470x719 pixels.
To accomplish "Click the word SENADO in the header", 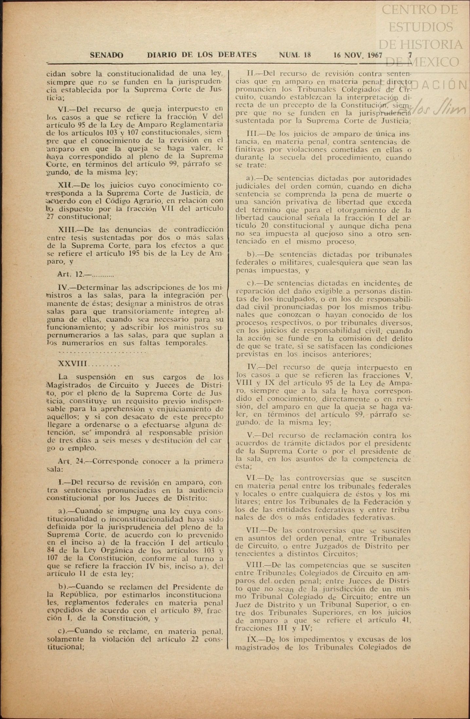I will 106,55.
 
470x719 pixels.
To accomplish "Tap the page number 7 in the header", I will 410,55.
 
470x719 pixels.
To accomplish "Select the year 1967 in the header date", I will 374,55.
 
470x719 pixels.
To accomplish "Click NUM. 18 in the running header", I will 295,55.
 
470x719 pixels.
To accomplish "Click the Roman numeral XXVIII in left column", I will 73,364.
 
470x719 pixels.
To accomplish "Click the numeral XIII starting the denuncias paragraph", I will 67,229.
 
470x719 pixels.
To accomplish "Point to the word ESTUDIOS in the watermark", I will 421,27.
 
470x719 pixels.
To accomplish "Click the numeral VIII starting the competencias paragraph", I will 256,565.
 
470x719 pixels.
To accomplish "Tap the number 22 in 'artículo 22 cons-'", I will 195,639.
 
